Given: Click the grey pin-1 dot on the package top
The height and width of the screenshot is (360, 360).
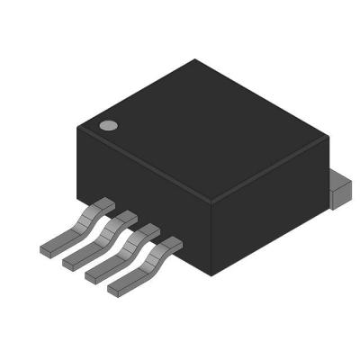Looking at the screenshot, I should click(108, 126).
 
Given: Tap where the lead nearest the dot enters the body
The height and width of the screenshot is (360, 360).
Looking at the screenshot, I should click(104, 206).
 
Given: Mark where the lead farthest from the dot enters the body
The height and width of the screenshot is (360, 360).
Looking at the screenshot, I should click(171, 242).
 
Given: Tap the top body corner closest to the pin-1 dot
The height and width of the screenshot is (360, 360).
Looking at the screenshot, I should click(78, 126).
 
